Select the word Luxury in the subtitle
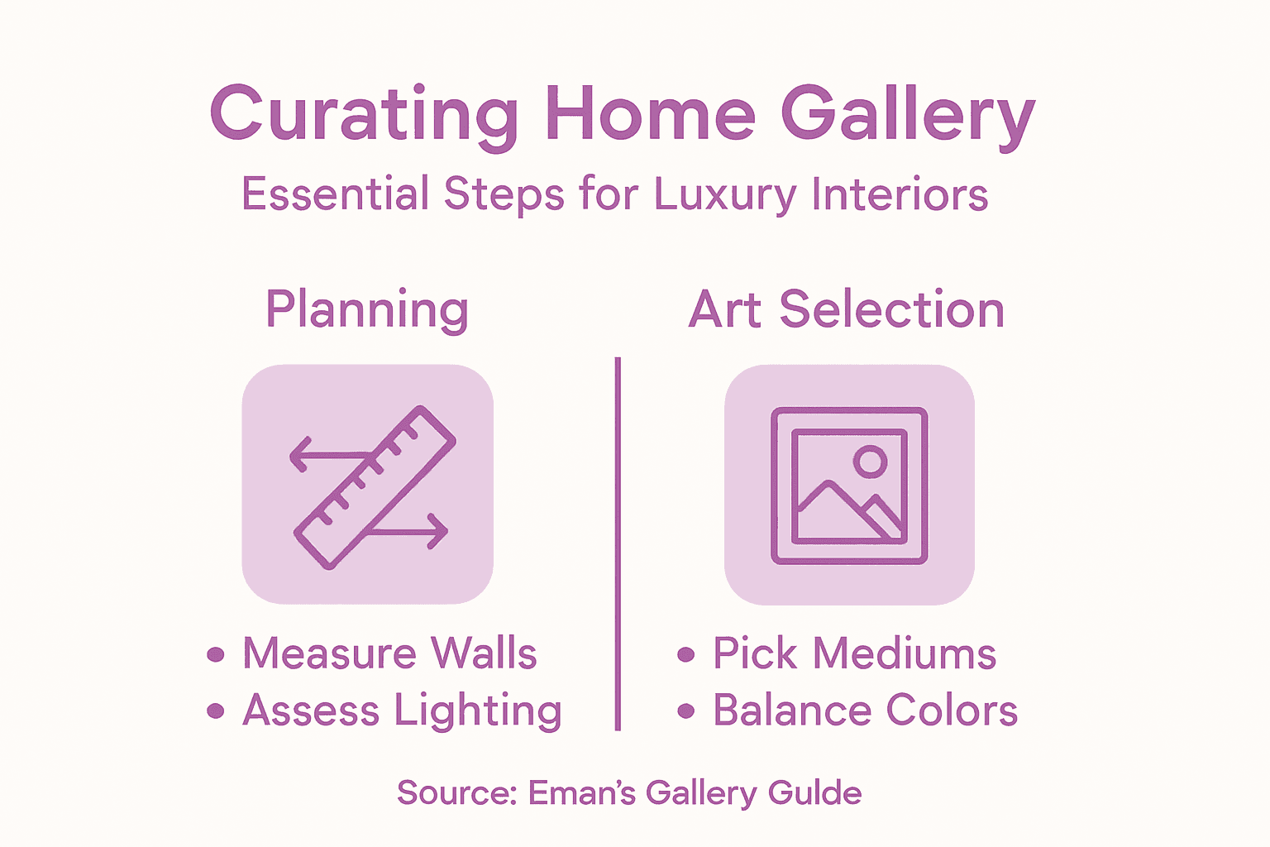[x=724, y=195]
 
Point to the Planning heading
[x=367, y=311]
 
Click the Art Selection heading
[x=847, y=310]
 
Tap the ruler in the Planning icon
[x=375, y=487]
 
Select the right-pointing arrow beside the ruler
[x=413, y=530]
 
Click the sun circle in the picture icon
[x=870, y=462]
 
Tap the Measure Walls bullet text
[x=389, y=653]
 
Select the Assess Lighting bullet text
[x=402, y=711]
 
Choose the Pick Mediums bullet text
[x=854, y=654]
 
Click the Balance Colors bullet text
[x=865, y=711]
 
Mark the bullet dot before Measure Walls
[x=216, y=655]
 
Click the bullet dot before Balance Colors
[x=685, y=711]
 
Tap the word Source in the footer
[x=456, y=792]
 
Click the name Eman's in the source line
[x=582, y=792]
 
